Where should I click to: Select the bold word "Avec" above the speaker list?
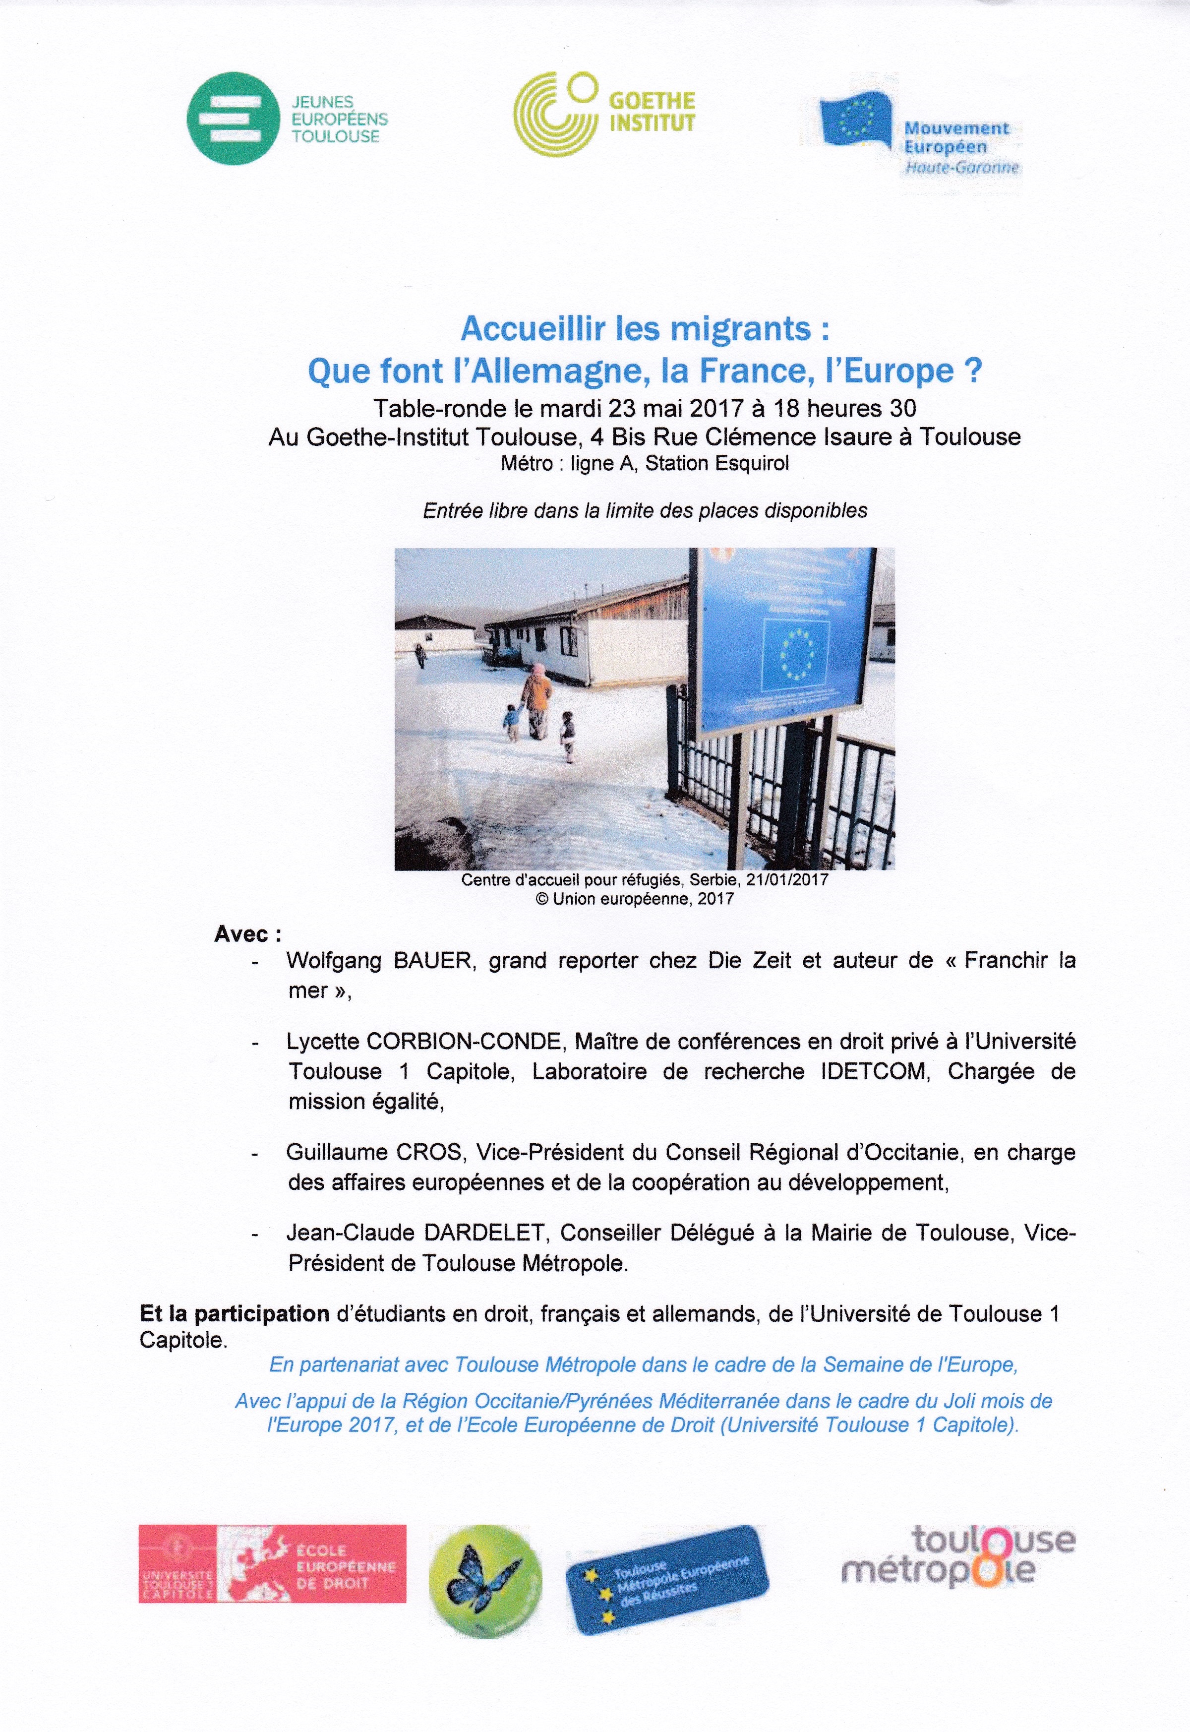(241, 934)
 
